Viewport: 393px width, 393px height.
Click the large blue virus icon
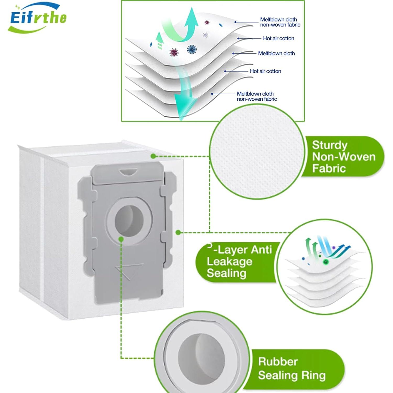pyautogui.click(x=192, y=49)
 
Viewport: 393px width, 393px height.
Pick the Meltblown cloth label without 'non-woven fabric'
pyautogui.click(x=276, y=53)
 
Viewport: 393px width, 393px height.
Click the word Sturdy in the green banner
pyautogui.click(x=329, y=145)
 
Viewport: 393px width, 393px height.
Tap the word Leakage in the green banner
pyautogui.click(x=229, y=261)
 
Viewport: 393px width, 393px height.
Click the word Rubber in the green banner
pyautogui.click(x=278, y=362)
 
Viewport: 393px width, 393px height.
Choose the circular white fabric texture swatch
pyautogui.click(x=257, y=152)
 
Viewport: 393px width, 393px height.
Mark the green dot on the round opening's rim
pyautogui.click(x=121, y=239)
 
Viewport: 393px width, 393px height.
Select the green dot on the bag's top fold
pyautogui.click(x=153, y=156)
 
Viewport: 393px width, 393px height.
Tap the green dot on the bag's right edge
pyautogui.click(x=178, y=232)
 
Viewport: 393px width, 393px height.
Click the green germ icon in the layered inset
pyautogui.click(x=325, y=262)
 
